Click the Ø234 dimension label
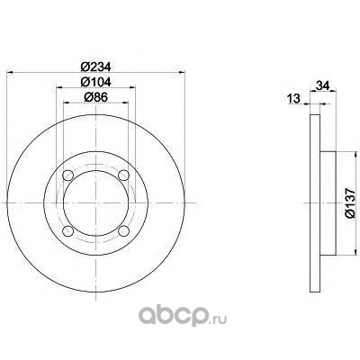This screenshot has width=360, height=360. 96,67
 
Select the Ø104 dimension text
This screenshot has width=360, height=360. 96,82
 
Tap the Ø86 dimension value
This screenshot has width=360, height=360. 96,97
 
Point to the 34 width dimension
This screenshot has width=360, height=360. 323,85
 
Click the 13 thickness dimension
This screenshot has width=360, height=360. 293,98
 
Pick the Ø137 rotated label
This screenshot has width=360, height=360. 350,203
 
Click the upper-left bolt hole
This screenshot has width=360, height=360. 67,175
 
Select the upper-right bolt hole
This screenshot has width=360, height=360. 123,175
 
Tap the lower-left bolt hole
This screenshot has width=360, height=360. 67,230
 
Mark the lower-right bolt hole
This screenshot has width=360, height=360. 123,230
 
